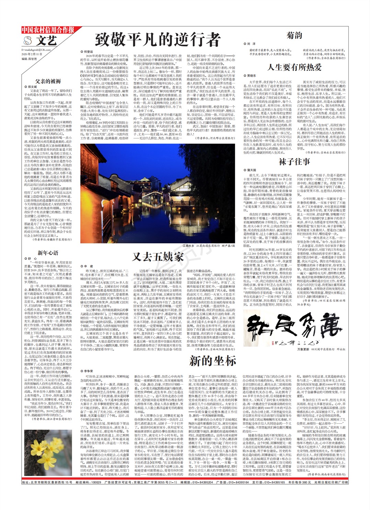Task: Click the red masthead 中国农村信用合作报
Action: tap(48, 30)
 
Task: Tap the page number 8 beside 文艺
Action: tap(28, 41)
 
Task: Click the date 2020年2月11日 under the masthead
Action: tap(32, 54)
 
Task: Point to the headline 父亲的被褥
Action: tap(48, 81)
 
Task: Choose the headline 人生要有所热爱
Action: tap(294, 67)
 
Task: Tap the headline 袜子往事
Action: tap(294, 162)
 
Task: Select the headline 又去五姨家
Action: tap(158, 256)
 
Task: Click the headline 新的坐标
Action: tap(212, 361)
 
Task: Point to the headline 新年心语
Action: tap(48, 253)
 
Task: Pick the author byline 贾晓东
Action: tap(251, 76)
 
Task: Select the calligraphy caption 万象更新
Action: tap(303, 349)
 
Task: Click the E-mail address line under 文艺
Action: tap(36, 50)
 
